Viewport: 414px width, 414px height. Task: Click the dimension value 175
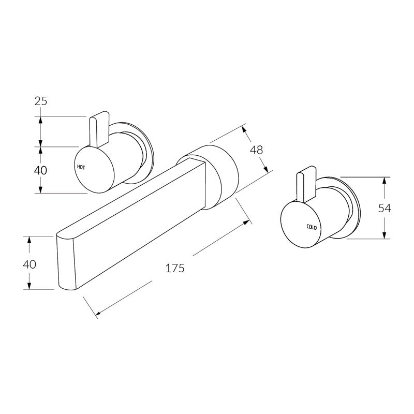point(174,268)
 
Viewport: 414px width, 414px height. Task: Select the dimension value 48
point(256,150)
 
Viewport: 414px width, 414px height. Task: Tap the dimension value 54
point(385,208)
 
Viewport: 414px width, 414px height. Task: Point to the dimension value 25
point(41,101)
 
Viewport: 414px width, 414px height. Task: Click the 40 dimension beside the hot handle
point(40,170)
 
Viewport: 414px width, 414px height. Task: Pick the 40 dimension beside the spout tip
point(29,263)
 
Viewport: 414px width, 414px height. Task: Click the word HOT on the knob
point(81,167)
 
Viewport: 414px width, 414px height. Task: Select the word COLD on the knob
point(312,227)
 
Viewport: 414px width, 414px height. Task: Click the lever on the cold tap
point(306,184)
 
